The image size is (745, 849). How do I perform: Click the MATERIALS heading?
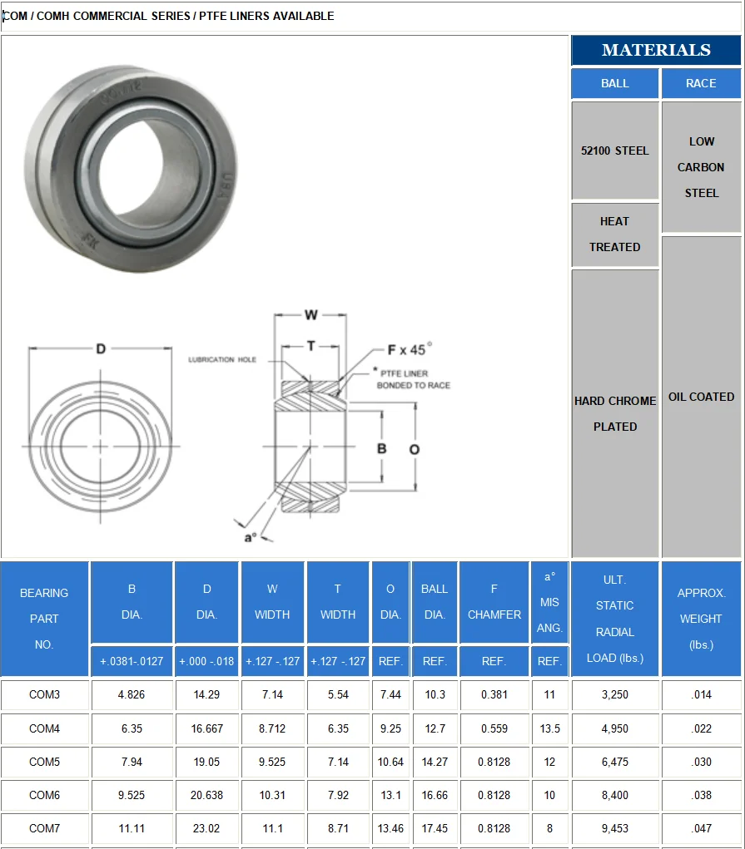(656, 50)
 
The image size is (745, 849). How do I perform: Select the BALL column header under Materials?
(615, 83)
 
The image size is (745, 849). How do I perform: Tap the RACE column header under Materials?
(701, 83)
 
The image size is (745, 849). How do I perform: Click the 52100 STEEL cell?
(615, 151)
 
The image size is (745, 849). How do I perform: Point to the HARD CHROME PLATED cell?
(615, 413)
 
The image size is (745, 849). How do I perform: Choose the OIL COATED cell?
(701, 397)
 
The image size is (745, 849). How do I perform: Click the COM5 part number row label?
(45, 762)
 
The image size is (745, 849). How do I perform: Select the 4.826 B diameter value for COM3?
(132, 695)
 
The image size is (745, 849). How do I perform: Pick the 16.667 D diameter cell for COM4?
(206, 728)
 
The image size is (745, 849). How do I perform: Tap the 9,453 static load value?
(615, 828)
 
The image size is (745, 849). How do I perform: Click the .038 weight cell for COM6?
(701, 795)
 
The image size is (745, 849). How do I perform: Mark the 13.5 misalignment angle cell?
(549, 728)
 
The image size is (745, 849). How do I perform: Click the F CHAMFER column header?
(494, 602)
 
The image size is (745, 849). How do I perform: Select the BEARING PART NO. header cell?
(45, 619)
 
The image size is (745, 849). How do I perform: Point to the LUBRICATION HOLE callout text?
(222, 360)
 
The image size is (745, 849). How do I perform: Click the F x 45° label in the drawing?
(410, 350)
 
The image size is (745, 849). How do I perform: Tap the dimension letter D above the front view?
(101, 349)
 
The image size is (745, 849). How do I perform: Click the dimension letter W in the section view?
(310, 315)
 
